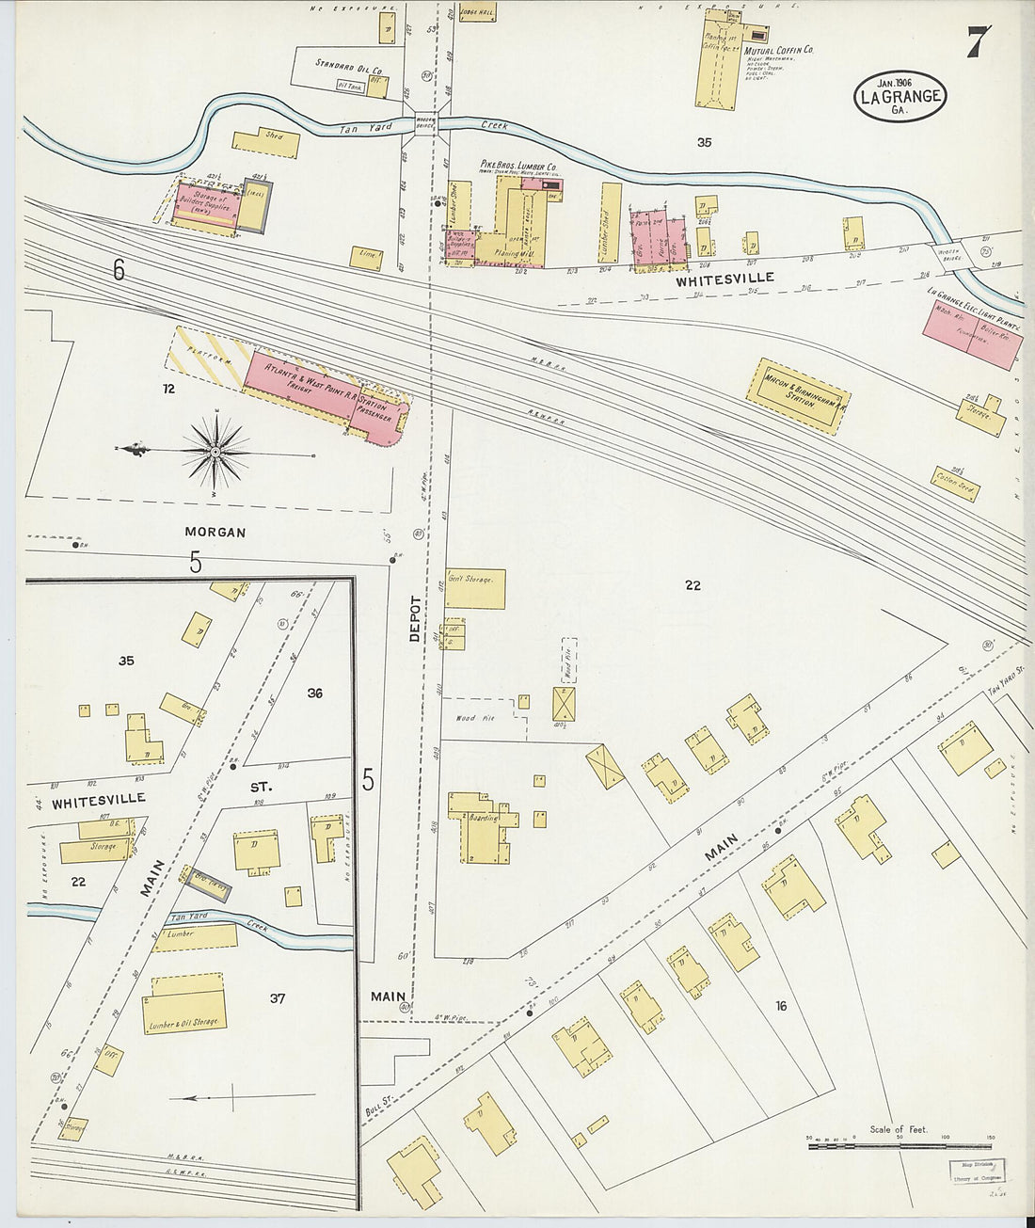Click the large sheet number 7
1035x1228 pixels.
(x=978, y=41)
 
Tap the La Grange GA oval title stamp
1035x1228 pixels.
(x=900, y=95)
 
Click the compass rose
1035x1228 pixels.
(x=215, y=453)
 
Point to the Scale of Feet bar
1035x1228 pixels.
(x=900, y=1142)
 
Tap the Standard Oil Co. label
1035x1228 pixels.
(x=348, y=70)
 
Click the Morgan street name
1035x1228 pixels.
(x=215, y=532)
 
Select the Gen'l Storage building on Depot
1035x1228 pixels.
(x=475, y=588)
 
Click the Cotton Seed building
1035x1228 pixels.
(x=956, y=484)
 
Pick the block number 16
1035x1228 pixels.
(x=780, y=1006)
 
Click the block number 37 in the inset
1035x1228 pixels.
(x=277, y=997)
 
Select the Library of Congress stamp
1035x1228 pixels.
(x=976, y=1171)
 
